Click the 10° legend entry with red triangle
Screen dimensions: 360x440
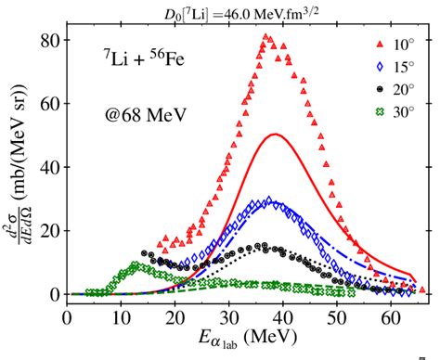[x=391, y=45]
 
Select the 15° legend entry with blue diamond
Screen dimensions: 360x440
[x=391, y=67]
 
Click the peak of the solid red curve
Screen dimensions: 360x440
[x=275, y=135]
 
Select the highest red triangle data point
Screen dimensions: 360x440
[x=265, y=37]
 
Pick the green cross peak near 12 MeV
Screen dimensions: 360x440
[x=136, y=264]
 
